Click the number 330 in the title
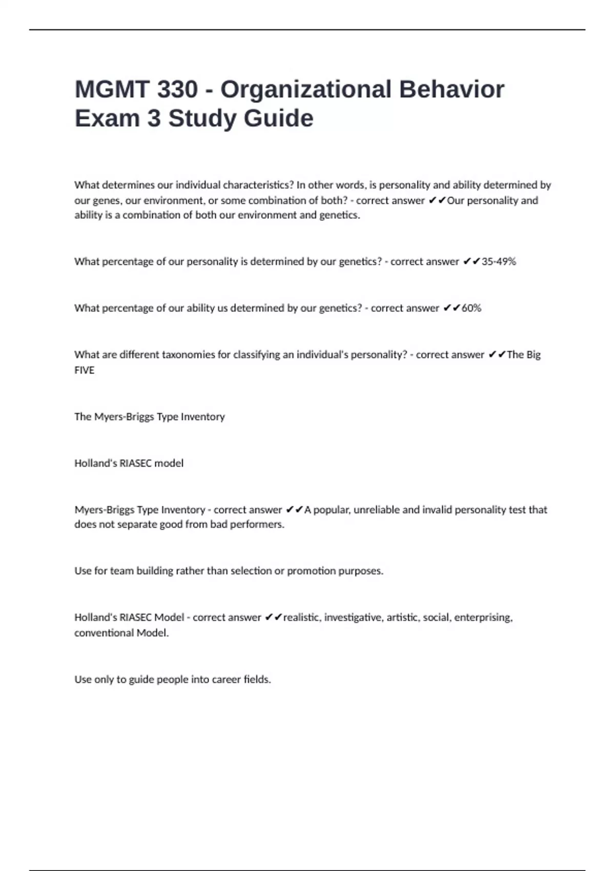coord(177,90)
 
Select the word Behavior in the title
coord(452,90)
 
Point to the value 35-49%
coord(499,262)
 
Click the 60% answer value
coord(471,308)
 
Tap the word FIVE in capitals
coord(85,370)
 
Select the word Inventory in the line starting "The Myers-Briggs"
coord(203,417)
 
